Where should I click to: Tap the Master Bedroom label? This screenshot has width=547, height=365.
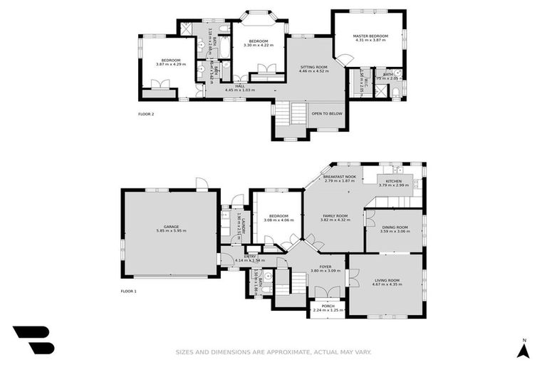[x=370, y=36]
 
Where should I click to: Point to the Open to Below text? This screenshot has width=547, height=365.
[x=327, y=113]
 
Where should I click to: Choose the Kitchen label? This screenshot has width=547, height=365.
[x=394, y=181]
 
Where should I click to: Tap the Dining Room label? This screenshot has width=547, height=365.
[x=393, y=227]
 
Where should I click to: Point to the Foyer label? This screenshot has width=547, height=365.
[x=325, y=267]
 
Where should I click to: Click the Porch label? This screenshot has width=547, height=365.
[x=328, y=306]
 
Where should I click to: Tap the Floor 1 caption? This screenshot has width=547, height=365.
[x=128, y=292]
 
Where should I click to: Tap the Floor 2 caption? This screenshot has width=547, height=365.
[x=146, y=113]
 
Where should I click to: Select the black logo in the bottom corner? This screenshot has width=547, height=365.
[x=33, y=341]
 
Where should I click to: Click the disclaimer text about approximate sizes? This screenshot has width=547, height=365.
[x=273, y=351]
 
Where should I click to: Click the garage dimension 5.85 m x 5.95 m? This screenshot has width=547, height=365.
[x=171, y=231]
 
